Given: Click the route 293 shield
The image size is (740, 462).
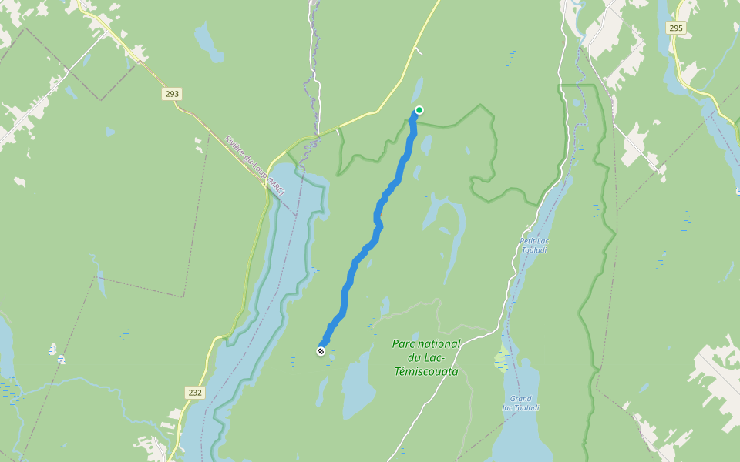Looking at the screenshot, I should coord(172,94).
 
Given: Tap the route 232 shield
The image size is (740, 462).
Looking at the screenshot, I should coord(195,393).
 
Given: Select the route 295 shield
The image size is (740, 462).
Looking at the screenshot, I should coord(676,28).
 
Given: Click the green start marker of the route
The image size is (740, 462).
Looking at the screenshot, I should coord(419,110).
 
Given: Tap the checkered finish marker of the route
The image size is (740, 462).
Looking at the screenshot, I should coord(321,351).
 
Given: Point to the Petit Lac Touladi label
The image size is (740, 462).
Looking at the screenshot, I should coord(534,246).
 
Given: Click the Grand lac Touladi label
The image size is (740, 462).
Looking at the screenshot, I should coord(521,403).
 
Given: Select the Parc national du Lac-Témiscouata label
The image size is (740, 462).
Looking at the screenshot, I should coord(425,357).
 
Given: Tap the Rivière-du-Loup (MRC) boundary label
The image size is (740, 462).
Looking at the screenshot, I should coord(255,165).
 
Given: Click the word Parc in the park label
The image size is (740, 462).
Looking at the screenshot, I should coord(405,343).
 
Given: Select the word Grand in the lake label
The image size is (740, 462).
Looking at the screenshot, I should coord(520,399).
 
